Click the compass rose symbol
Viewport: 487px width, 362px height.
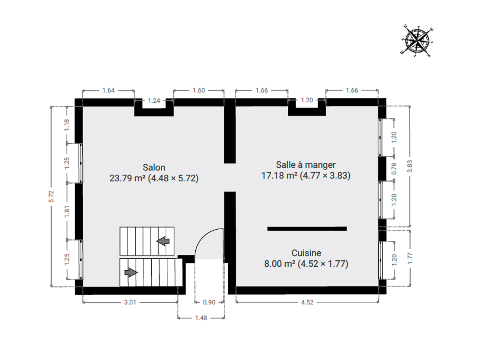[417, 41]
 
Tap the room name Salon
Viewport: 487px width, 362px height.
[154, 168]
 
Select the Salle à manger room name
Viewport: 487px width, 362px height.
[306, 165]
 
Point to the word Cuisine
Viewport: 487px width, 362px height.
[306, 253]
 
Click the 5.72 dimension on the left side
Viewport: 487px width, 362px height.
[51, 197]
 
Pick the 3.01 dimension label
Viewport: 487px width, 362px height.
[130, 302]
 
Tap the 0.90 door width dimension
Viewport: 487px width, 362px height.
[209, 302]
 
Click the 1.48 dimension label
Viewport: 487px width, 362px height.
[201, 318]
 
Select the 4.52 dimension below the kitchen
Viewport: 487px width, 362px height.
[307, 302]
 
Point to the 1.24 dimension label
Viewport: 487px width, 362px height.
[154, 100]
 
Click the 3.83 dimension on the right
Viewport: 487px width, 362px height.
[410, 166]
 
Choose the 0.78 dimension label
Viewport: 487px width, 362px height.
[394, 169]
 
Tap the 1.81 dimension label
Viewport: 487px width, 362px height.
[67, 211]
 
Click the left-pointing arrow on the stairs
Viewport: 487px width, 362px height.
[163, 241]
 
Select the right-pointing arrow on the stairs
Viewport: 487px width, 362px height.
[131, 272]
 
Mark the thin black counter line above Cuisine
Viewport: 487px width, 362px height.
[307, 229]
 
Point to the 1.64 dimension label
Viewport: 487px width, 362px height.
[108, 91]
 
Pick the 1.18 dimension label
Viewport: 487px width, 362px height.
[67, 125]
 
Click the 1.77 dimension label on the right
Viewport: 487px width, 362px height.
[410, 258]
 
